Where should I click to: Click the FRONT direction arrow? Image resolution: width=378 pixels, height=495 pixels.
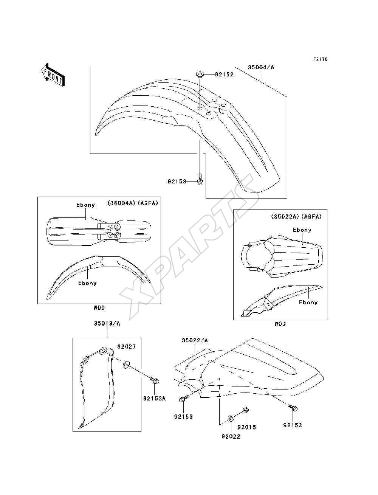click(x=53, y=74)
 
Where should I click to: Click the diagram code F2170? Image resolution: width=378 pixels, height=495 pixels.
click(x=320, y=59)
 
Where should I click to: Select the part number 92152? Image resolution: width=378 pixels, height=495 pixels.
click(x=224, y=74)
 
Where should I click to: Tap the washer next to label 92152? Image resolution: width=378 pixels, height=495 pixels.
click(x=200, y=74)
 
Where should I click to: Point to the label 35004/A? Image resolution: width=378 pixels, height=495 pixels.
click(x=261, y=67)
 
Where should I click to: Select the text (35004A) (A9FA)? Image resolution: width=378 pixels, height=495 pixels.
click(x=133, y=203)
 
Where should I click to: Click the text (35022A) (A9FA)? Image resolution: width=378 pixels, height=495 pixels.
click(x=296, y=217)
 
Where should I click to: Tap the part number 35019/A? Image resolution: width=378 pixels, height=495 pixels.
click(x=107, y=324)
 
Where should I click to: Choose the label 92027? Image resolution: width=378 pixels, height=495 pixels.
click(x=127, y=347)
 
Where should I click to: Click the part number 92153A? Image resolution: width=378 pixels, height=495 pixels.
click(x=154, y=399)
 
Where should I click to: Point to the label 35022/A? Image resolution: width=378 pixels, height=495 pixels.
click(x=195, y=340)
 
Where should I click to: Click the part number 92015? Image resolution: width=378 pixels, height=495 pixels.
click(x=246, y=427)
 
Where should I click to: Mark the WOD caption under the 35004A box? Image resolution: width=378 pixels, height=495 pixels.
click(x=99, y=307)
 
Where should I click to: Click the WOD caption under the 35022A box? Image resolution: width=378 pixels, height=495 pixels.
click(x=280, y=324)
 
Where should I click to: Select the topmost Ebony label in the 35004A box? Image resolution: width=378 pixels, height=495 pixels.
click(x=85, y=205)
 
